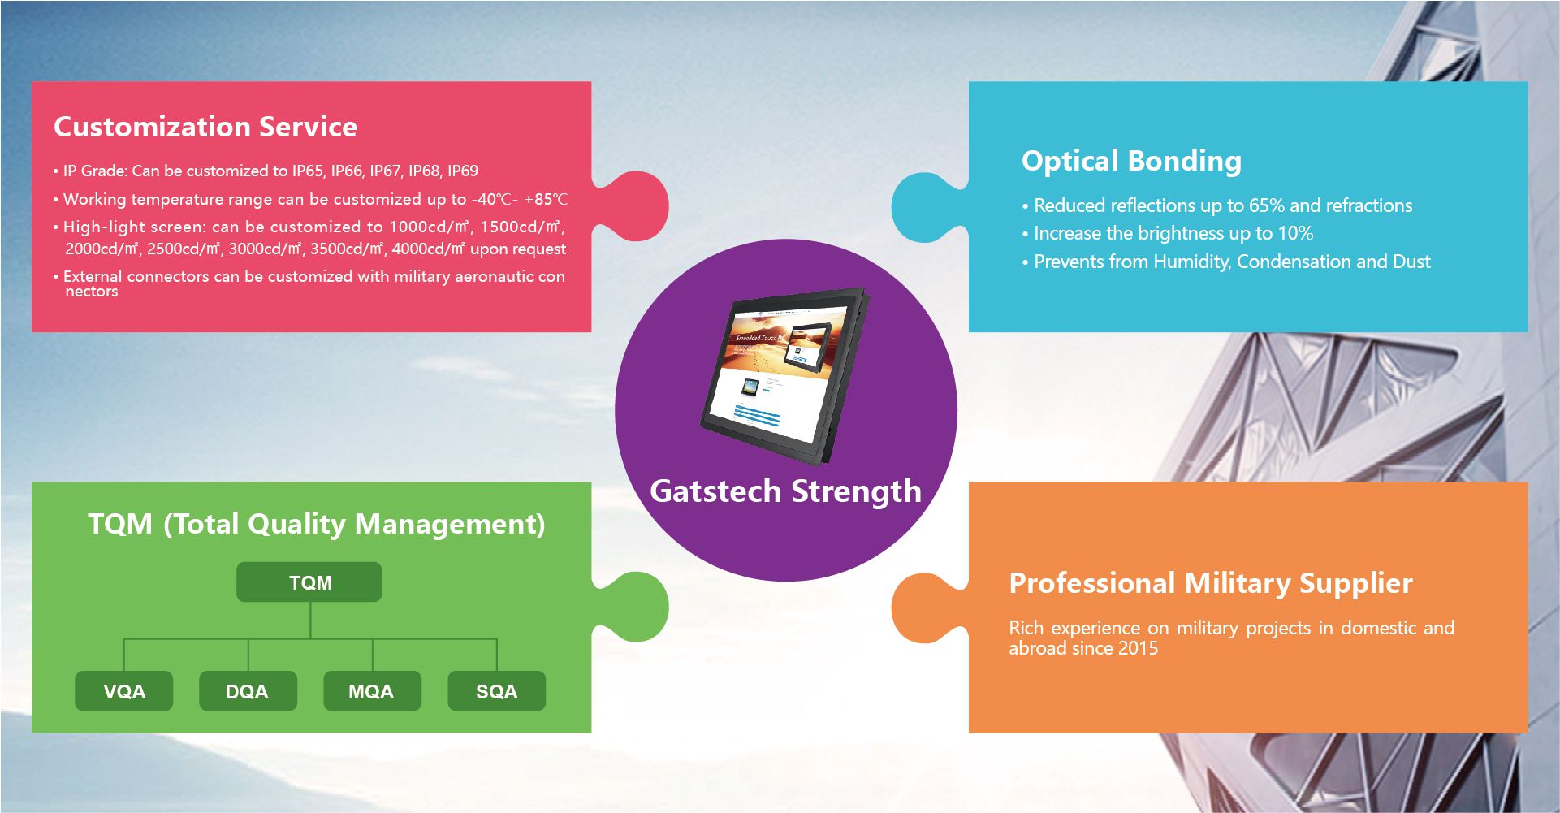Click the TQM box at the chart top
pos(309,582)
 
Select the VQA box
pos(124,691)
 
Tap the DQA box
pos(248,691)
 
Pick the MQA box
pos(372,691)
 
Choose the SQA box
pos(496,691)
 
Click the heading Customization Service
pos(205,127)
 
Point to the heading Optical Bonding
pos(1131,161)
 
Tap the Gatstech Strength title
pos(785,491)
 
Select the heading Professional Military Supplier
pos(1210,583)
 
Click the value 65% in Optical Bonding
pos(1267,205)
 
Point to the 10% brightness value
pos(1295,234)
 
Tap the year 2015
pos(1138,648)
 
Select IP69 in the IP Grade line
pos(463,171)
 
